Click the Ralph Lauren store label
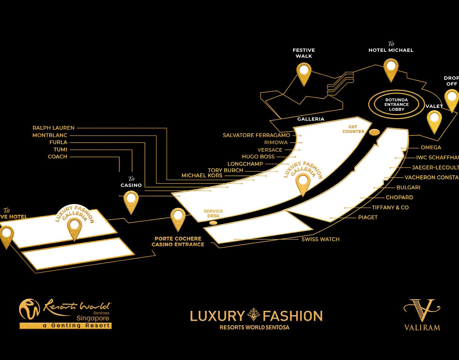click(x=53, y=128)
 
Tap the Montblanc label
click(x=50, y=135)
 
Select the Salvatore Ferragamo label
click(x=256, y=135)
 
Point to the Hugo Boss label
click(x=258, y=157)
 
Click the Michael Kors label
click(x=202, y=176)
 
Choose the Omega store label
click(x=431, y=148)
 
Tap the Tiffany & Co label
click(x=390, y=208)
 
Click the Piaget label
click(x=368, y=217)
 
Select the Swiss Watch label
click(x=320, y=239)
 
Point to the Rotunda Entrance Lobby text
click(x=396, y=105)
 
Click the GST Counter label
click(x=353, y=129)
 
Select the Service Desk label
click(x=213, y=213)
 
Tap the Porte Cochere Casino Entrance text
click(x=178, y=242)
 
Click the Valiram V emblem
click(x=422, y=310)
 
